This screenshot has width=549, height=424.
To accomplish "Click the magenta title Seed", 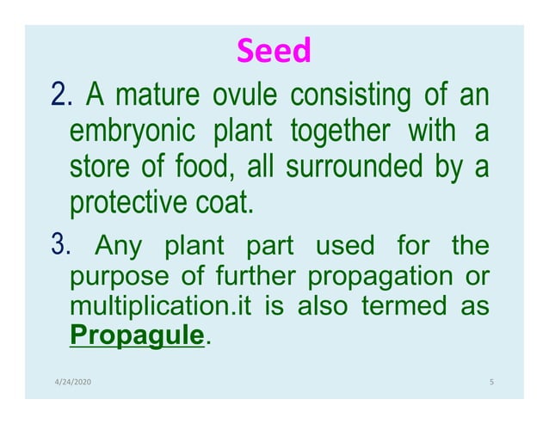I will pyautogui.click(x=273, y=52).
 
